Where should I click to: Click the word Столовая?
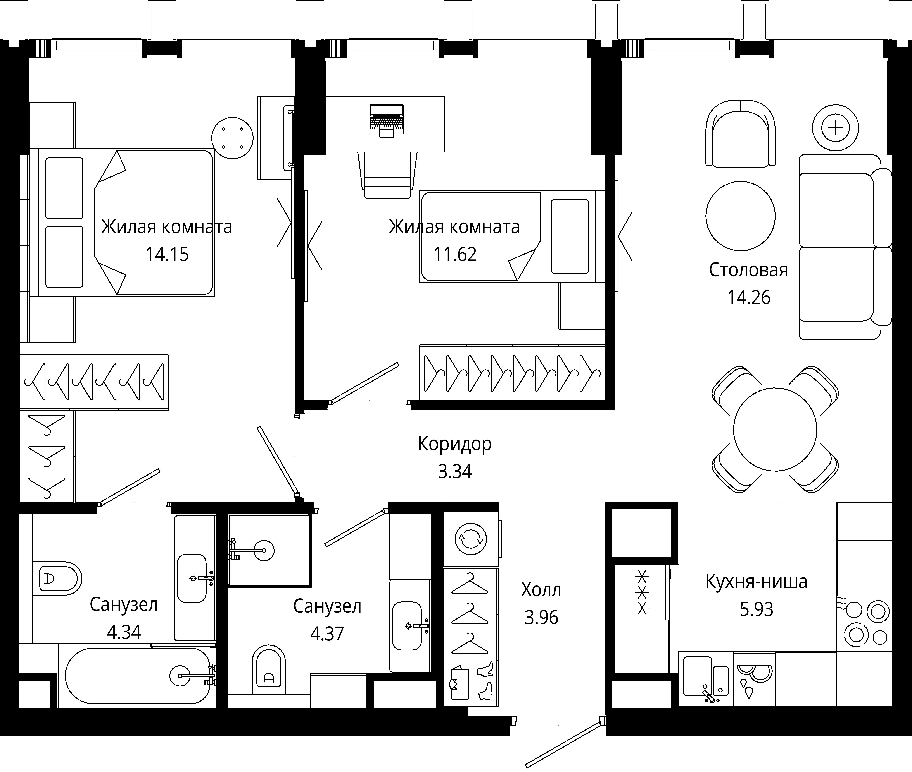point(748,270)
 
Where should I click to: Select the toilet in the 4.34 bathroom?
point(57,579)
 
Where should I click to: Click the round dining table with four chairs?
point(775,429)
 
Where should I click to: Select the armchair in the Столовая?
point(740,134)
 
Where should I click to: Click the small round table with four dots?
point(233,138)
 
